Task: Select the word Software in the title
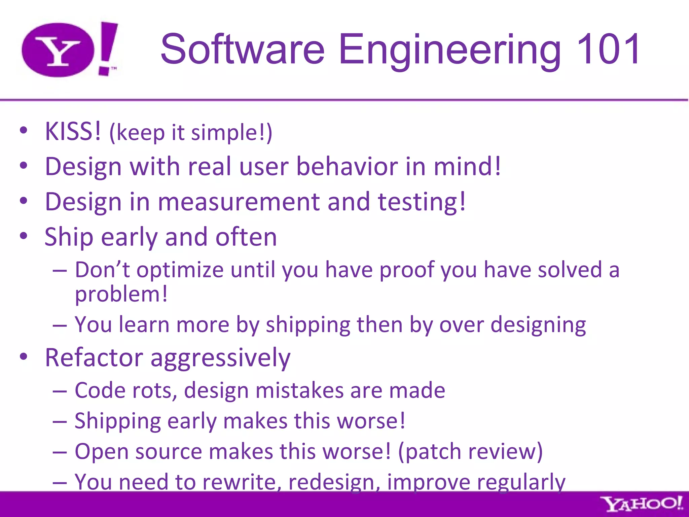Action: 242,49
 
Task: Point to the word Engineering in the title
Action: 449,50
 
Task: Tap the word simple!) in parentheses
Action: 231,133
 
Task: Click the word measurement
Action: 239,202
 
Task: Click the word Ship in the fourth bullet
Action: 69,238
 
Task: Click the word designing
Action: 538,326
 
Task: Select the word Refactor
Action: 94,357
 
